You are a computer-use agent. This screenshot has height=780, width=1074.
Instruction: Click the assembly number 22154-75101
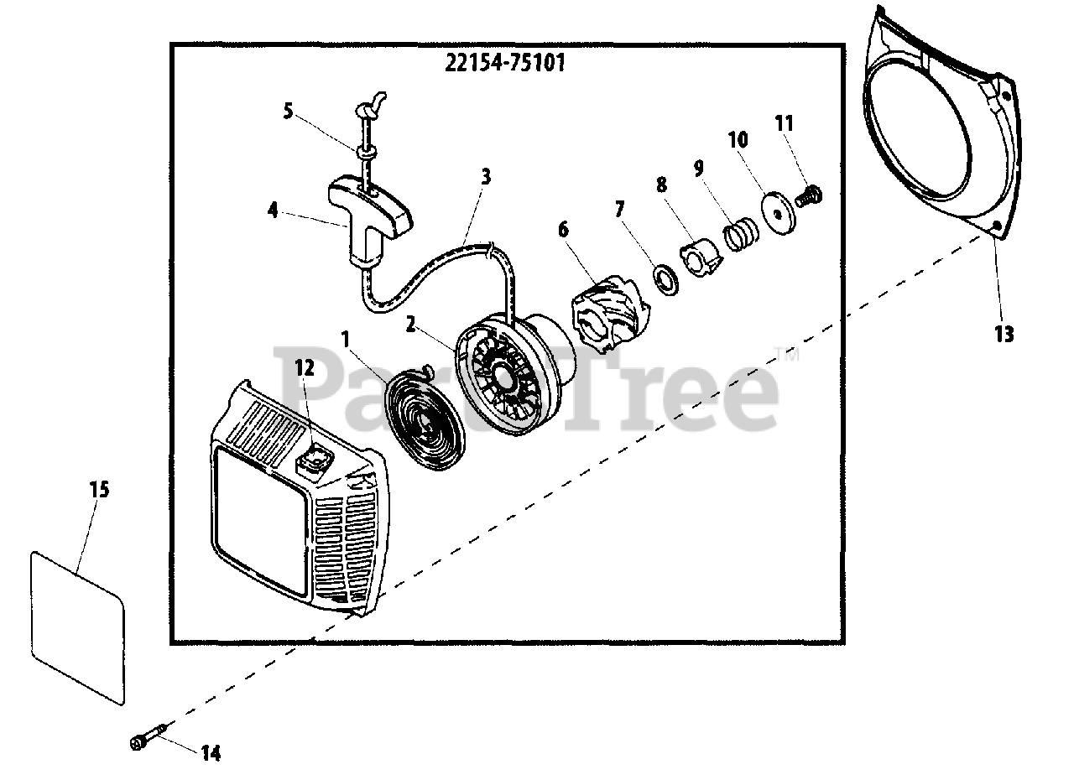click(x=502, y=64)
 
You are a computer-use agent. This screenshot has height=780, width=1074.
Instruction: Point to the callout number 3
click(x=486, y=177)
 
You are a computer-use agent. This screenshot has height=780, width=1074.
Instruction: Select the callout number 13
click(x=1004, y=334)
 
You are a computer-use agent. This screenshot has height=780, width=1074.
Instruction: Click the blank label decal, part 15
click(x=77, y=625)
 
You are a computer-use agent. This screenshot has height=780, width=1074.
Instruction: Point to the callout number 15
click(x=99, y=489)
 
